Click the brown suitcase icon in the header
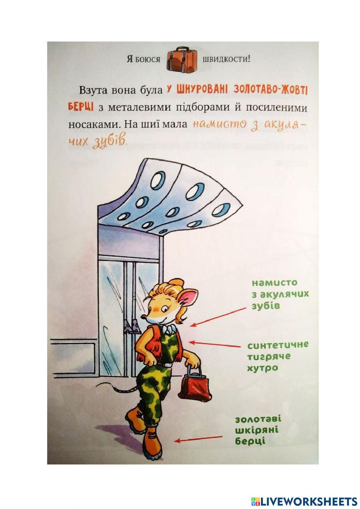coord(183,59)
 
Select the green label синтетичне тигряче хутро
coord(277,356)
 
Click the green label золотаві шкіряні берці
coord(257,430)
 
